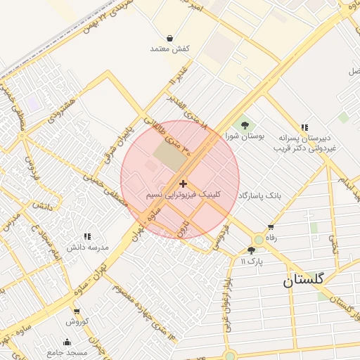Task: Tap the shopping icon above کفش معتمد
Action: (170, 38)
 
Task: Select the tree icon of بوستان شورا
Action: (245, 126)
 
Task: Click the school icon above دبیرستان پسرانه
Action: (304, 127)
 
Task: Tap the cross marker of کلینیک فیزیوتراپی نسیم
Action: (184, 183)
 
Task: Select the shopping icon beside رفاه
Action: (271, 227)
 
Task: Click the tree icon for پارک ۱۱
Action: (251, 250)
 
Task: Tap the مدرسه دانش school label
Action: (88, 247)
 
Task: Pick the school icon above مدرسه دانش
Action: (87, 237)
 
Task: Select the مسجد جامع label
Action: (67, 352)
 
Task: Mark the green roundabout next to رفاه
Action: (259, 240)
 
